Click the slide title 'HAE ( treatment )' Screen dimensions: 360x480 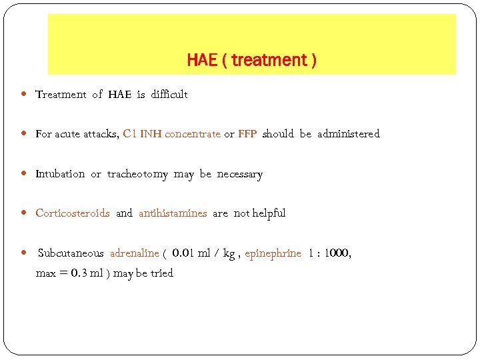[251, 60]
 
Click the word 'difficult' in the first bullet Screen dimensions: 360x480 [169, 95]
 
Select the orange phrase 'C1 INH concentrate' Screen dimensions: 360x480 [171, 134]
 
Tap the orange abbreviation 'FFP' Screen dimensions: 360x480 [247, 134]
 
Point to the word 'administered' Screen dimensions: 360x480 [348, 134]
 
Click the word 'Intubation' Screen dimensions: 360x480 [60, 174]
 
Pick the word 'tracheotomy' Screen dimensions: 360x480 [137, 174]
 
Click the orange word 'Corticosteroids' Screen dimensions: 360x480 [72, 213]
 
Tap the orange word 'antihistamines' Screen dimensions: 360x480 [173, 213]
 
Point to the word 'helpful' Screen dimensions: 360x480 [269, 213]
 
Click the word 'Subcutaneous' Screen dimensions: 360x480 [71, 253]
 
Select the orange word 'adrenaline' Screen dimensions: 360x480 [134, 253]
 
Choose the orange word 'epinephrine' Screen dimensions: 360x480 [273, 253]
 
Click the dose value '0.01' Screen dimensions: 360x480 [183, 253]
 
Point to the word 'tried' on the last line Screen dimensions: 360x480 [161, 273]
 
